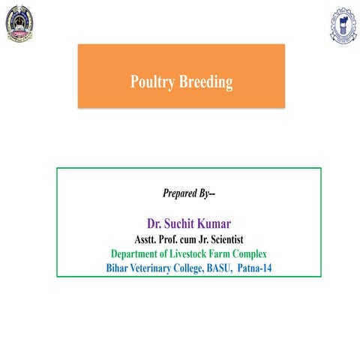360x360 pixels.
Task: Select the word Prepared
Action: [x=181, y=193]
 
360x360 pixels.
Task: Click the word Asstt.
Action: [x=147, y=239]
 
